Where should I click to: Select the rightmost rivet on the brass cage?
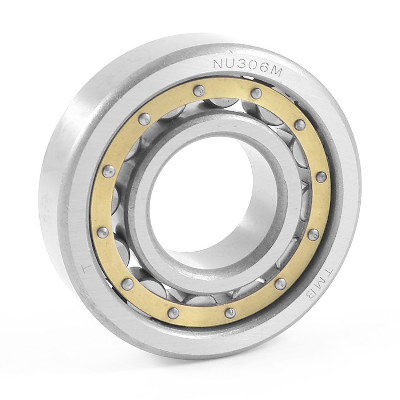320,177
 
